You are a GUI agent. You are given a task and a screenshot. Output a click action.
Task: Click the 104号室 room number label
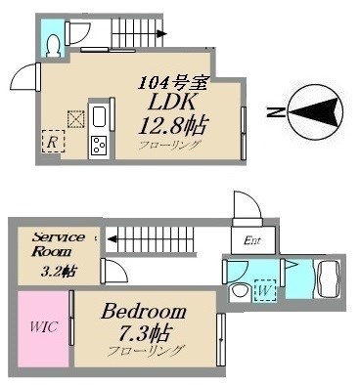[x=173, y=84]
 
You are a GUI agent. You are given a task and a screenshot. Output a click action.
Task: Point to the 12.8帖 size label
[x=173, y=125]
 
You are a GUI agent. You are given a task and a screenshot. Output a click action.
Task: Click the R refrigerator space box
[x=53, y=141]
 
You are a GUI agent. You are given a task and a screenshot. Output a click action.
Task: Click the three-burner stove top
[x=100, y=146]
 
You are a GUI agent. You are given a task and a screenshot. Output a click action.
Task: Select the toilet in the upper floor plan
[x=53, y=46]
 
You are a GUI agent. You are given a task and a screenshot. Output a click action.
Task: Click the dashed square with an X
[x=76, y=119]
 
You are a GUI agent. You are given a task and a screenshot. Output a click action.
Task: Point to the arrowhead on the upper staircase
[x=161, y=33]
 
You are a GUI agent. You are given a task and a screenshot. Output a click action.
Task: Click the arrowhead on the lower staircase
[x=112, y=239]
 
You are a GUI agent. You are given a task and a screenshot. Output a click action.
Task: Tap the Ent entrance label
[x=252, y=240]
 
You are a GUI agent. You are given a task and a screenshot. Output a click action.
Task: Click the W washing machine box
[x=265, y=290]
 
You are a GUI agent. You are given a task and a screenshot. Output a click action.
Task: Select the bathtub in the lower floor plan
[x=328, y=279]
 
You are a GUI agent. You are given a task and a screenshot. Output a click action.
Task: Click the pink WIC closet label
[x=44, y=326]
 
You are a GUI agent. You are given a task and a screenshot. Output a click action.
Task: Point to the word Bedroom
[x=144, y=311]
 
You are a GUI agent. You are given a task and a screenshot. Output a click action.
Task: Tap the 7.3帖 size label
[x=145, y=333]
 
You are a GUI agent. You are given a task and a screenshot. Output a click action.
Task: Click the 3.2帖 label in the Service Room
[x=59, y=271]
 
